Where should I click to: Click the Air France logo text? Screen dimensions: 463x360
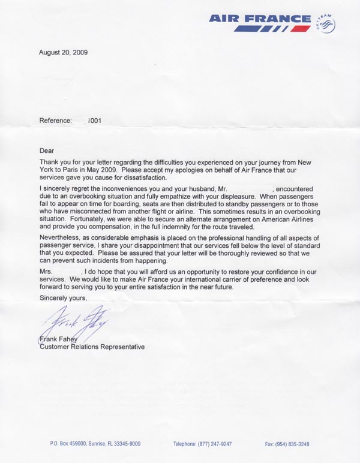[x=260, y=19]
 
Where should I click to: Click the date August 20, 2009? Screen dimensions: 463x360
[x=64, y=53]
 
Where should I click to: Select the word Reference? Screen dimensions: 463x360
[x=55, y=121]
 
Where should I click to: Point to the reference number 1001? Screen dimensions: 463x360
[x=94, y=121]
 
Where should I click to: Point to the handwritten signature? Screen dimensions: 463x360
[x=75, y=324]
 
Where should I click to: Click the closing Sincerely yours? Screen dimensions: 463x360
[x=63, y=297]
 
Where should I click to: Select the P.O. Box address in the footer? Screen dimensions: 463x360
[x=95, y=444]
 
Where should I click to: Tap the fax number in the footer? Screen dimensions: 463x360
[x=287, y=444]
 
